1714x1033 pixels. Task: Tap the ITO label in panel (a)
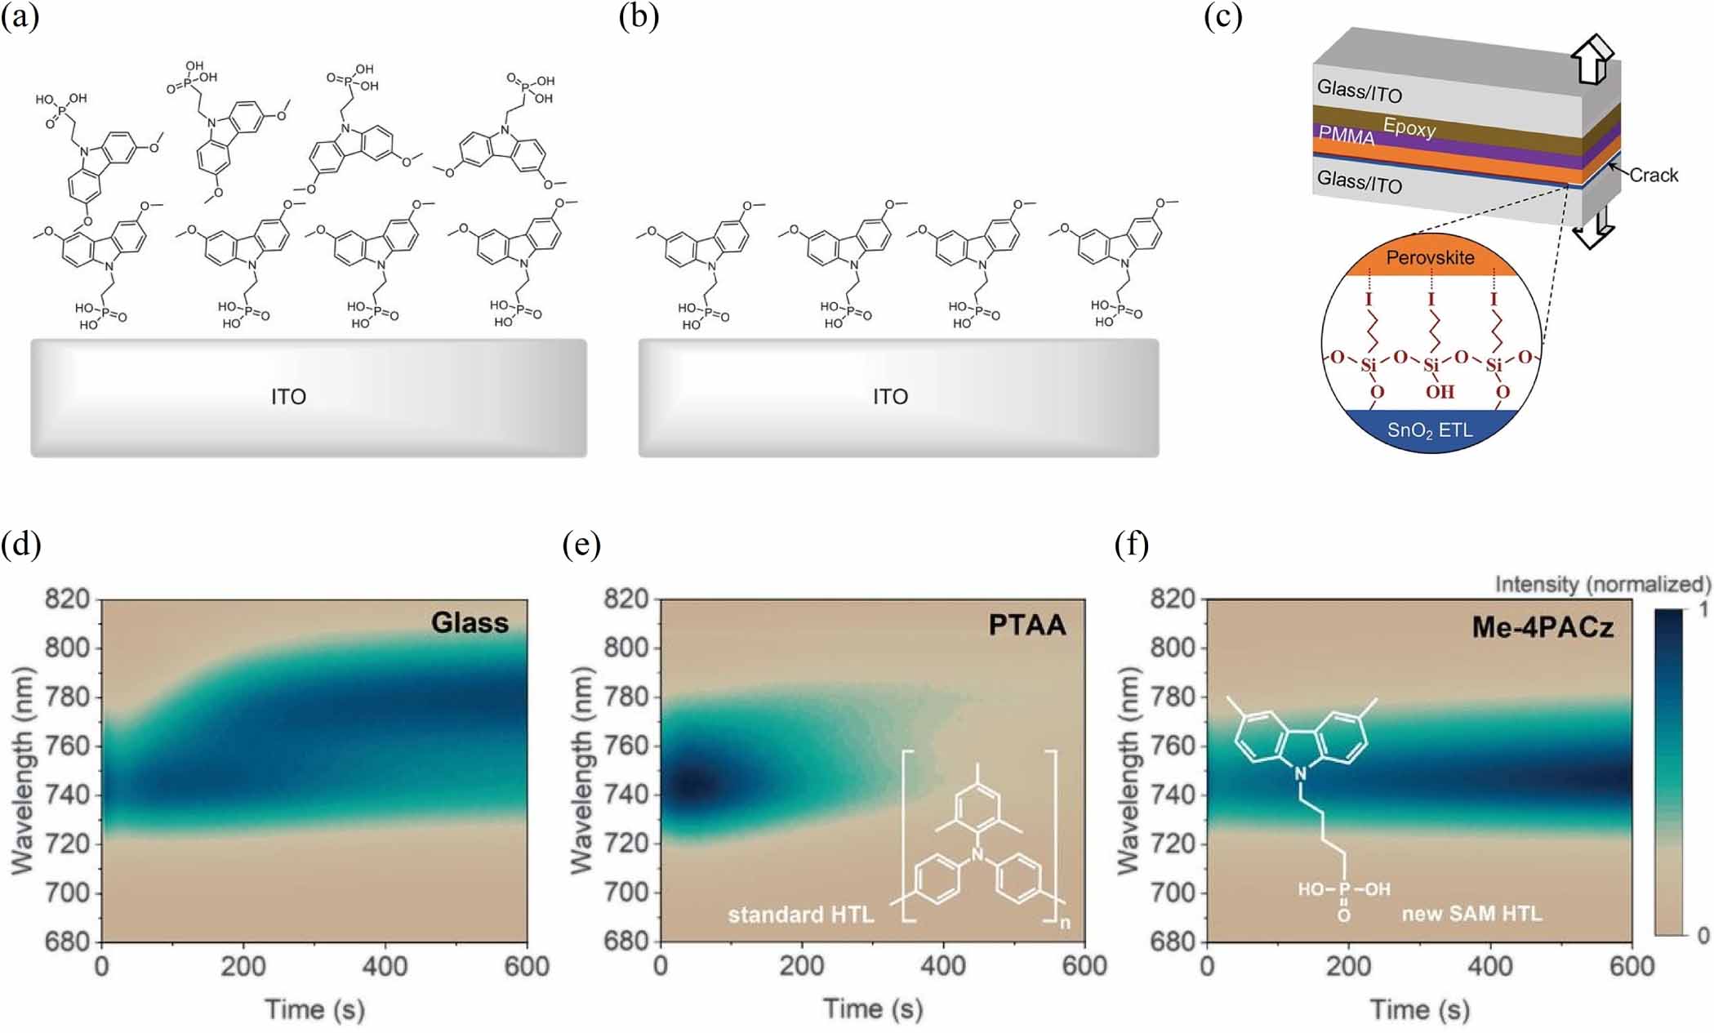(288, 397)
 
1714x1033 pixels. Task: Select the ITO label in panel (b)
(890, 397)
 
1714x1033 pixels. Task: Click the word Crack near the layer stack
(1654, 175)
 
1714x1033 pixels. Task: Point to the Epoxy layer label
(1409, 128)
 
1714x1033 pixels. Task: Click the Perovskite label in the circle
(1430, 257)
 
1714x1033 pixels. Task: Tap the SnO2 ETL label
(1430, 430)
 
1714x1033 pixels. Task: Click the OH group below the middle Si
(1440, 392)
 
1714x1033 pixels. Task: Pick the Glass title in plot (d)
(470, 623)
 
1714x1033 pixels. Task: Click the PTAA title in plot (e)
(1027, 625)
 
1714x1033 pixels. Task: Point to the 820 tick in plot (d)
(68, 599)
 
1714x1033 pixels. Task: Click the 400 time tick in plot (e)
(943, 966)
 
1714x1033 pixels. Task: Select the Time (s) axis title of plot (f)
(1419, 1009)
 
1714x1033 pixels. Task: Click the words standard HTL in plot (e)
(800, 915)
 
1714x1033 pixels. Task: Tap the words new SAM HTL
(1471, 913)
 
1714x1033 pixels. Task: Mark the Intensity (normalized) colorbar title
(1602, 584)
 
